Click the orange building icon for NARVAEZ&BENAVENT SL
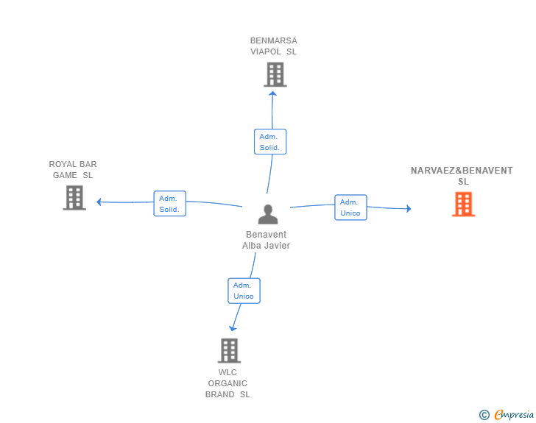463,204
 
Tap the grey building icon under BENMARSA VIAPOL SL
275,74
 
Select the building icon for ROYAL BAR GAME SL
74,197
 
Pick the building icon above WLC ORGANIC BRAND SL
229,350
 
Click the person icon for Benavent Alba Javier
267,214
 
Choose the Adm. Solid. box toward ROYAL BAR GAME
169,204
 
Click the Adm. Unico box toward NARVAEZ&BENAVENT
350,207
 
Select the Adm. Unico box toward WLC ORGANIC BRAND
244,291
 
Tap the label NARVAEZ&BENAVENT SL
462,176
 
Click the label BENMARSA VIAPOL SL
273,46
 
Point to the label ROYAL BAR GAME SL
73,170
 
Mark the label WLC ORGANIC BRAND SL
228,383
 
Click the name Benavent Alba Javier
267,241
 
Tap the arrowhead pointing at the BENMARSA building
272,93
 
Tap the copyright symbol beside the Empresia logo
484,415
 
